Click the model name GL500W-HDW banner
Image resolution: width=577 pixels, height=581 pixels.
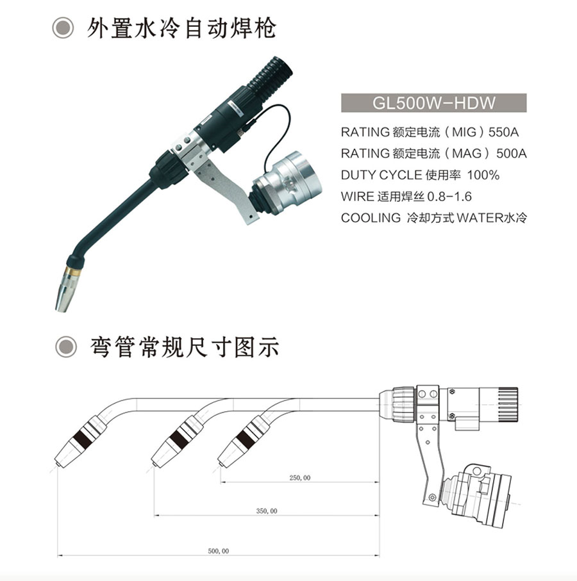433,102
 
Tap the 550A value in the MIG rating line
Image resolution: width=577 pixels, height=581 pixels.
503,133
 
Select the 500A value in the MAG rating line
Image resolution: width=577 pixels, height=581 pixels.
512,153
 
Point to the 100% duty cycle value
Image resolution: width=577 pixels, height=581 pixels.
483,175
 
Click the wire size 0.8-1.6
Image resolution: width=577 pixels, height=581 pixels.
449,197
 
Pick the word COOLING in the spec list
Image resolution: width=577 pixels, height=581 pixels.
371,218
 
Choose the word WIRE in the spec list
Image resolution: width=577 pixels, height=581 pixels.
358,197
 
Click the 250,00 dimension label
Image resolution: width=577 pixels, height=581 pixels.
299,478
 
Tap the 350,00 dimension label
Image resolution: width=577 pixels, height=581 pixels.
267,511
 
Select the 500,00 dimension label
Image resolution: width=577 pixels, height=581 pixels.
219,551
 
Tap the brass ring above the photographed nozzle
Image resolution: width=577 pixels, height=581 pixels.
73,270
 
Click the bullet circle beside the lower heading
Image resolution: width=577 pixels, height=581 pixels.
66,347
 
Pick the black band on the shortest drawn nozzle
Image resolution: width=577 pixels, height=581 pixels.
245,438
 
